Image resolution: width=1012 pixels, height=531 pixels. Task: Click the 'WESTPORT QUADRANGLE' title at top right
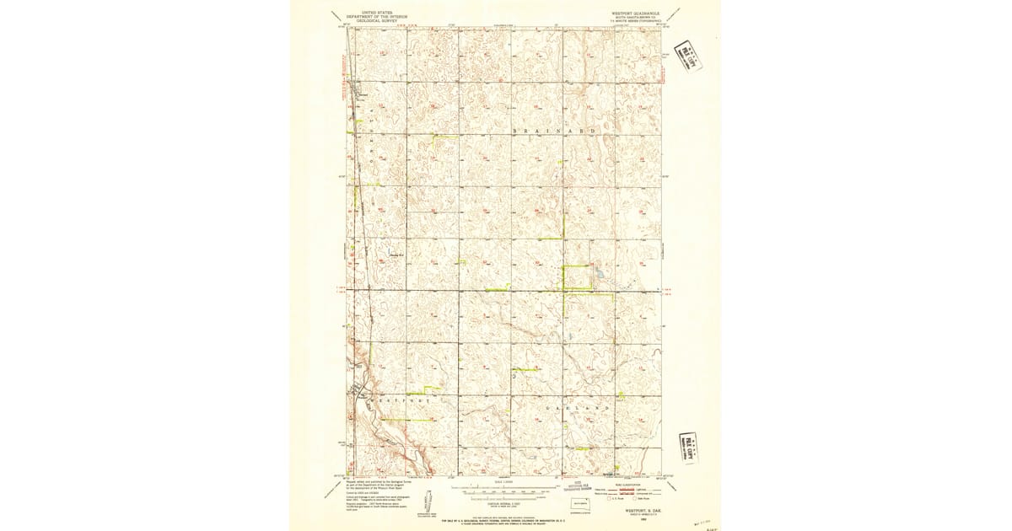[x=635, y=13]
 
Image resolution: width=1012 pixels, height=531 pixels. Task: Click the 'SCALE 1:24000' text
[x=504, y=483]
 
